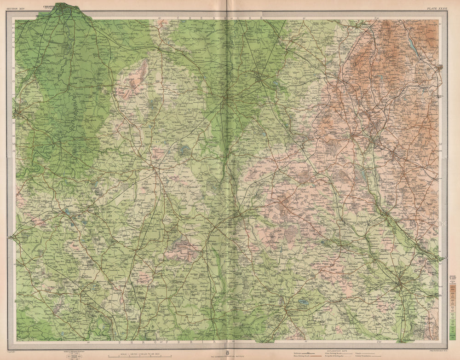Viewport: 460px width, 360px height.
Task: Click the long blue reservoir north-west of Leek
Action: tap(410, 43)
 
